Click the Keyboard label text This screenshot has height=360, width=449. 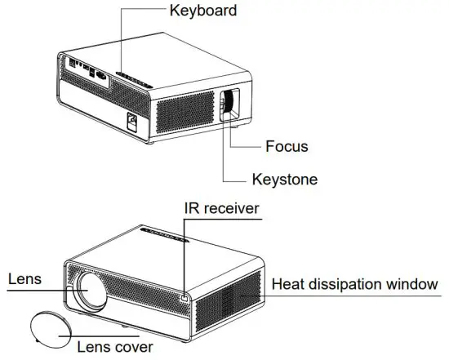tap(203, 11)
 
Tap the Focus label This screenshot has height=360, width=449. tap(287, 147)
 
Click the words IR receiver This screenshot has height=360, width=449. tap(220, 209)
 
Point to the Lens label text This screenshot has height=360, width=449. tap(24, 278)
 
